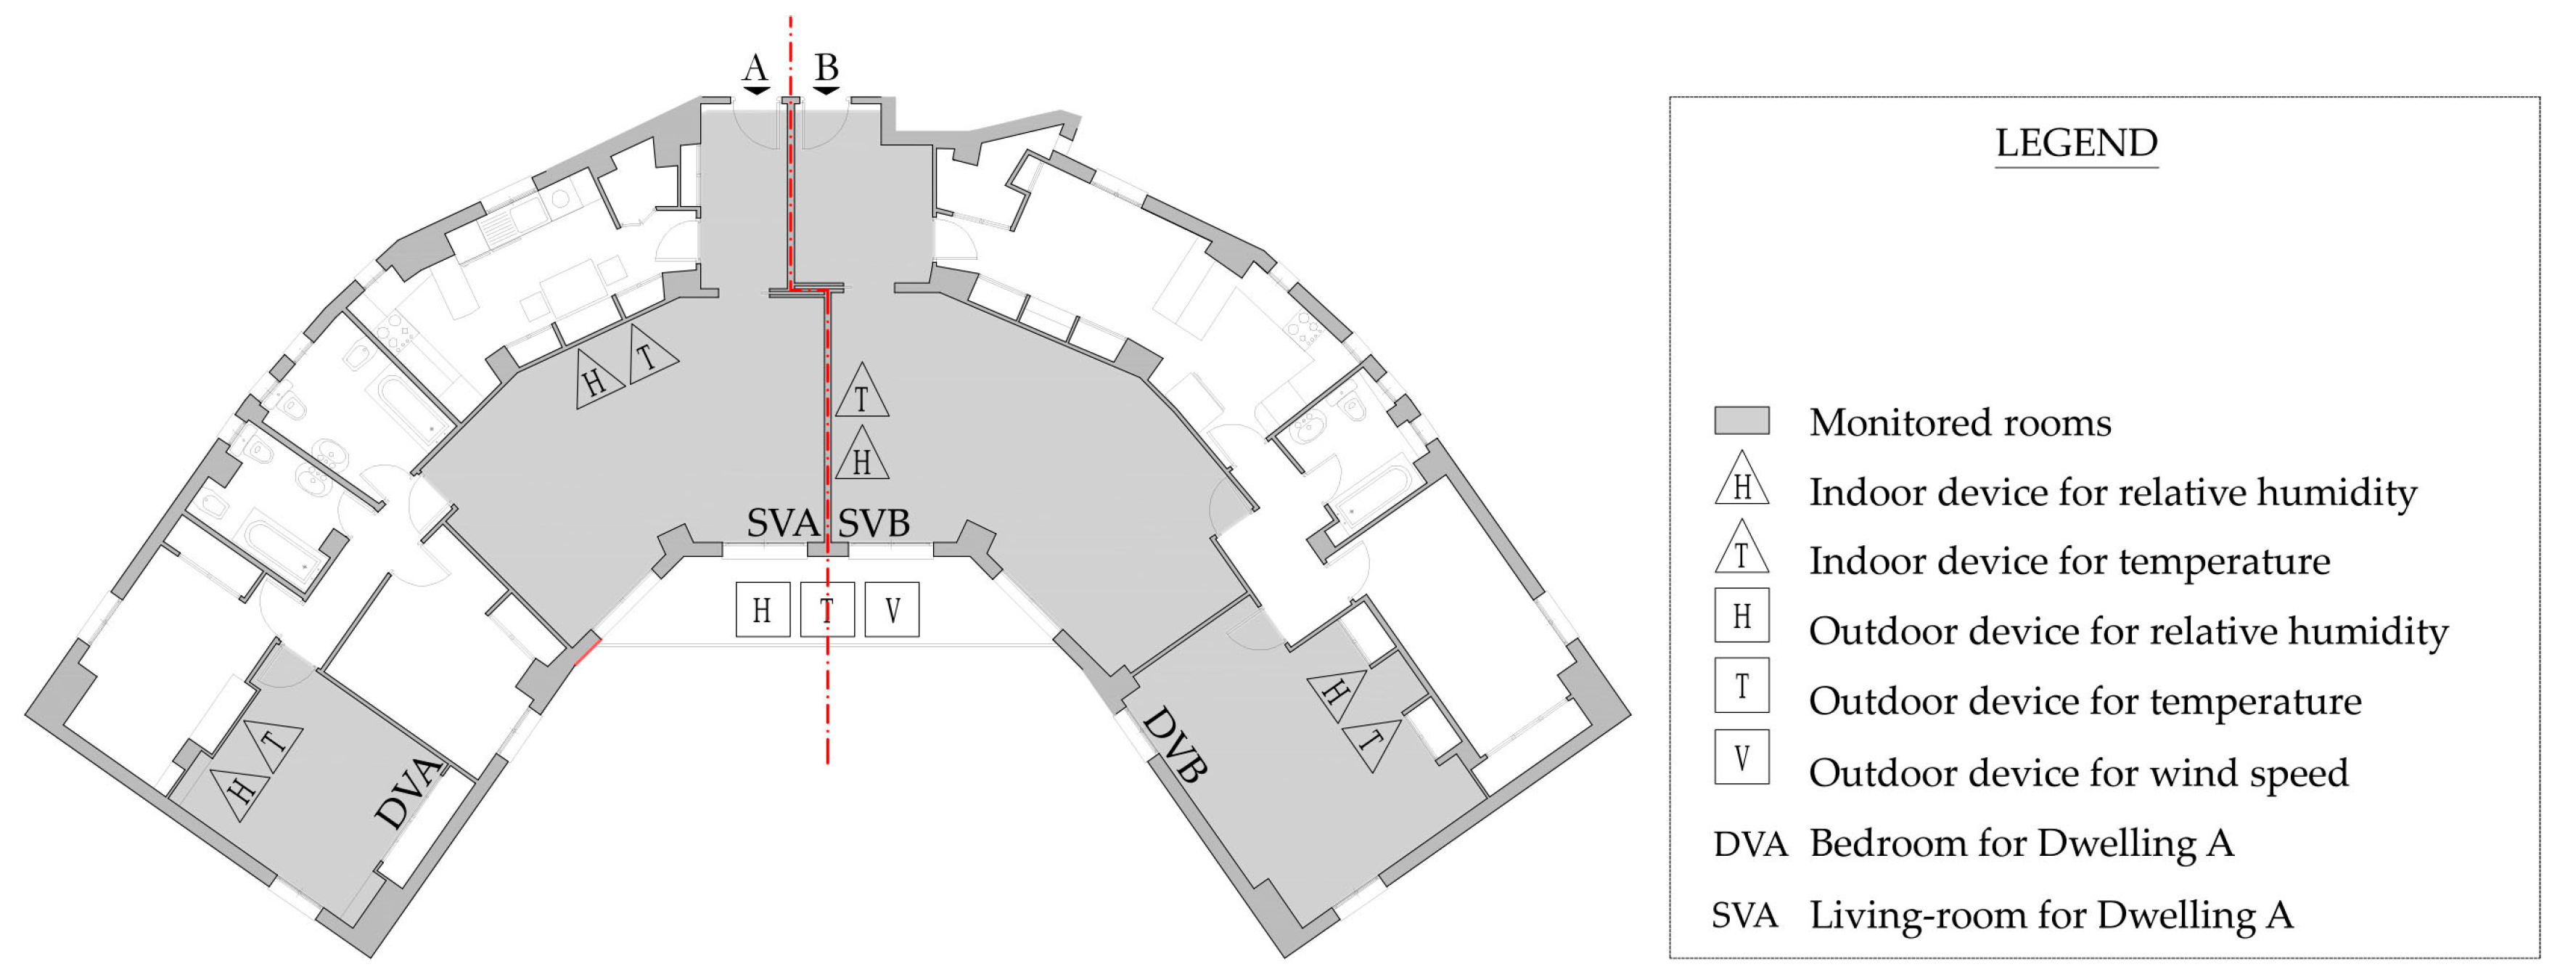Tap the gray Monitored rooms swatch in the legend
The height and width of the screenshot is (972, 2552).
click(1741, 420)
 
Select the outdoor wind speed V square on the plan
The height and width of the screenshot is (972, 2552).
click(892, 609)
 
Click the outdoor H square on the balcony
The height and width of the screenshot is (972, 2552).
click(762, 609)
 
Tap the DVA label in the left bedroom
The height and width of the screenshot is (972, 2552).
click(409, 792)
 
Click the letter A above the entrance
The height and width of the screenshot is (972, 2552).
click(755, 68)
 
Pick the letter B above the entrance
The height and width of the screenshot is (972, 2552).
click(826, 68)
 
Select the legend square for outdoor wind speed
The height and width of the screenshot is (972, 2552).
click(1741, 758)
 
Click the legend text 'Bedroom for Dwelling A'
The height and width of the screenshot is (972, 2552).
click(2021, 844)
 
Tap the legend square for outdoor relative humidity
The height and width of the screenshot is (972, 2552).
click(1741, 616)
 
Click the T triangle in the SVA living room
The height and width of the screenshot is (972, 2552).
click(649, 355)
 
